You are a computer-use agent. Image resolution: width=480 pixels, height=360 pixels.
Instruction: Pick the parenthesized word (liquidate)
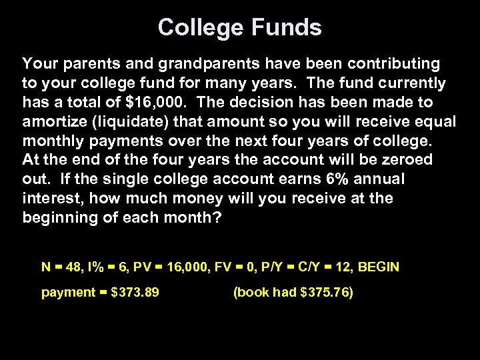click(126, 122)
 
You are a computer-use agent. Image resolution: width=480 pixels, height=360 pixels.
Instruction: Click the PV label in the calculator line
click(142, 267)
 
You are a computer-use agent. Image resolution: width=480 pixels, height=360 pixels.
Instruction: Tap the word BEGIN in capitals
click(379, 267)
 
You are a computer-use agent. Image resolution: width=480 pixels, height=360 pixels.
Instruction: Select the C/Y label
click(309, 267)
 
